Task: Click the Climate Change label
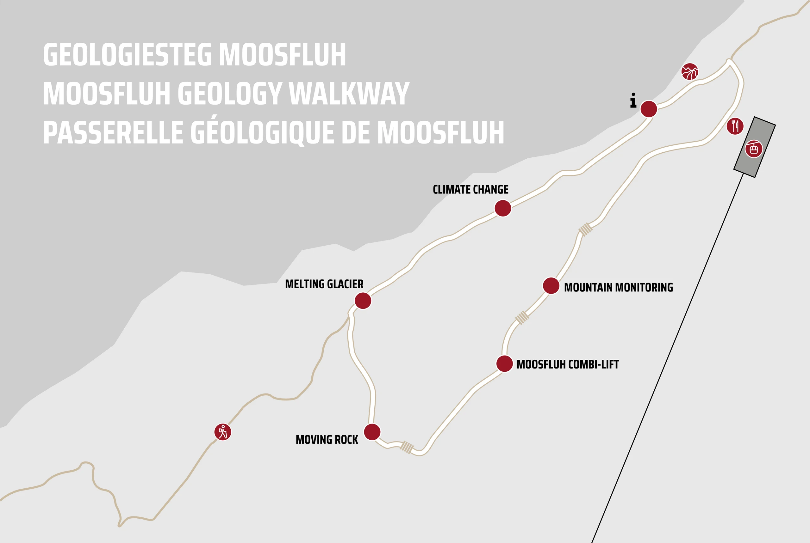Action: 470,190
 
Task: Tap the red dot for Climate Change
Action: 503,208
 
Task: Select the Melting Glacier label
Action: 324,284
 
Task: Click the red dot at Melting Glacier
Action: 363,301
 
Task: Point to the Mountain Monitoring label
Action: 618,287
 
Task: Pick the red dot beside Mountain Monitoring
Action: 551,286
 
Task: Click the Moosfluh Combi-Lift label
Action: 567,364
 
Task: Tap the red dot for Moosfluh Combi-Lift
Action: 505,363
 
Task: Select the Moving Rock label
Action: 327,440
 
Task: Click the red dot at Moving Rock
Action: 372,432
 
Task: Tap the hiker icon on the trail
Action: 223,432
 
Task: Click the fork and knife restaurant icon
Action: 735,126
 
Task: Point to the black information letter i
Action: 633,101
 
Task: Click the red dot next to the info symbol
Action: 649,109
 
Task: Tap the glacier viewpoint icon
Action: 690,72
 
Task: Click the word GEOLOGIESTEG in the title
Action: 127,54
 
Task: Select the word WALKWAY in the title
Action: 349,94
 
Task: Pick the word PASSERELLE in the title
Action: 113,133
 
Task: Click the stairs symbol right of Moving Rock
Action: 407,447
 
